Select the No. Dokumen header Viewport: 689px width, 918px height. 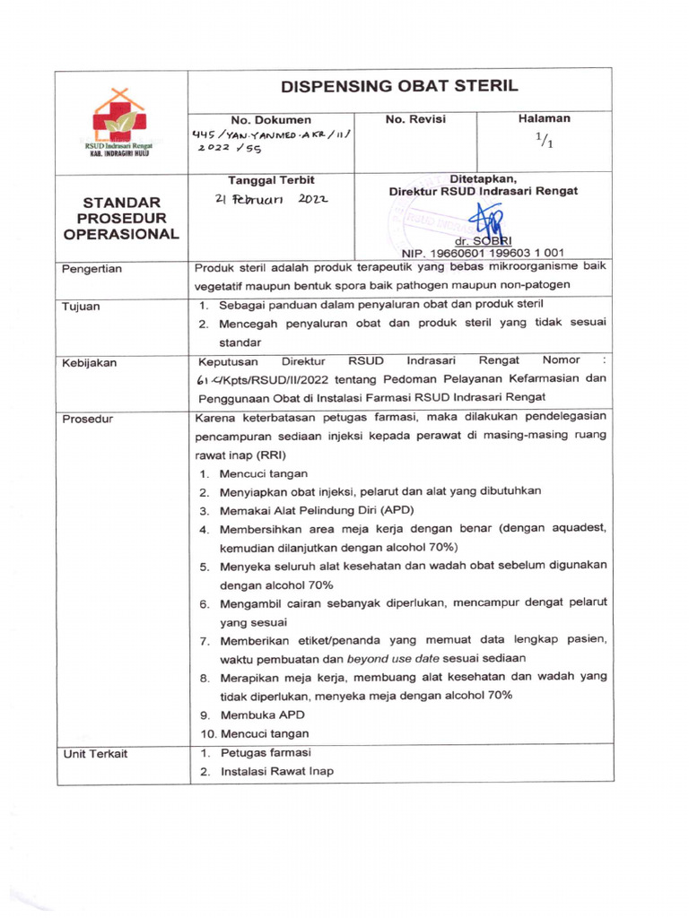pos(271,119)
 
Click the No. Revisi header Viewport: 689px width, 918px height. pos(414,118)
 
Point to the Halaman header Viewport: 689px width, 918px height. pos(544,118)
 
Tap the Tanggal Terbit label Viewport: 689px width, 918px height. pos(271,179)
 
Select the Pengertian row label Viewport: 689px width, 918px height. pos(92,268)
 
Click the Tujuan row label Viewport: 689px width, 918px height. pos(81,306)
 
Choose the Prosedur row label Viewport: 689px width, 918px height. pos(86,419)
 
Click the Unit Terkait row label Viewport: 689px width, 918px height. pos(94,754)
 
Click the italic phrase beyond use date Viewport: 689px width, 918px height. pos(397,659)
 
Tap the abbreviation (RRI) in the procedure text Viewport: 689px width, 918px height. pos(266,454)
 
